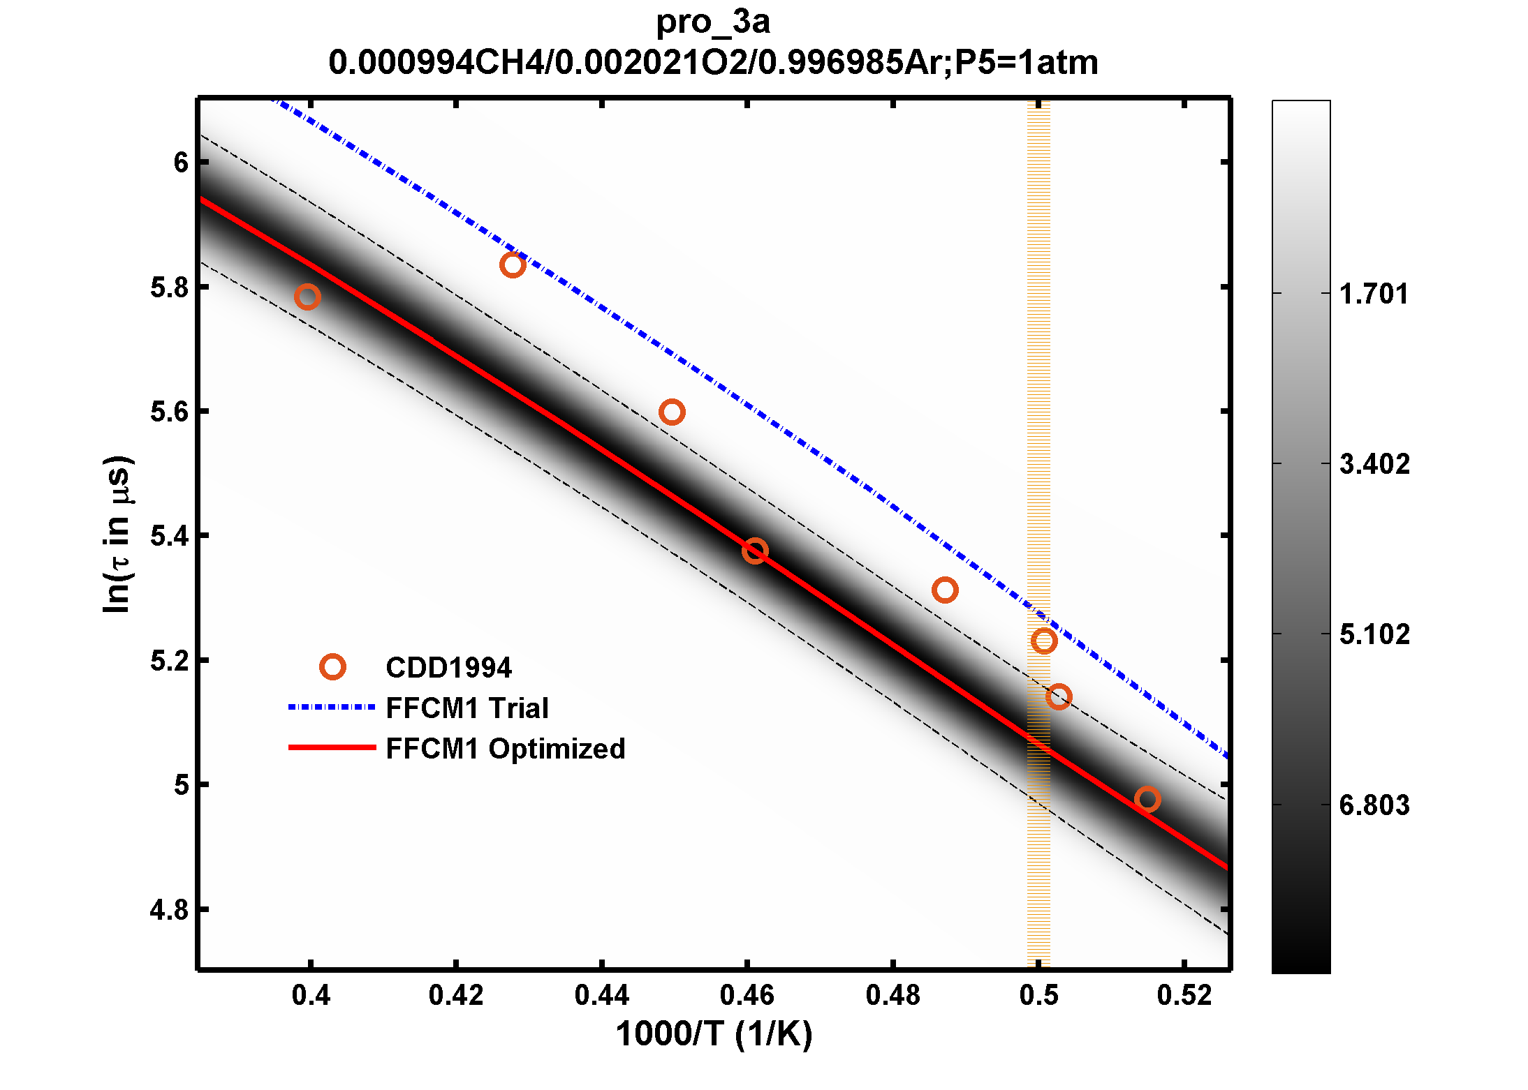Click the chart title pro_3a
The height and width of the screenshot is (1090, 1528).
712,22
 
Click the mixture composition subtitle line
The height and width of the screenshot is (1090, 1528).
712,63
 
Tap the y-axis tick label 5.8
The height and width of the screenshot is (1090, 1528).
170,288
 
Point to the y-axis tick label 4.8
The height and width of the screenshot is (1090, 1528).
170,910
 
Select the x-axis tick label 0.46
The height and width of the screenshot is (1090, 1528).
747,995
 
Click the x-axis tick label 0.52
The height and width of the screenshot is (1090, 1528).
1184,995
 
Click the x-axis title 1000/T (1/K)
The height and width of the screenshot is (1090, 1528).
714,1034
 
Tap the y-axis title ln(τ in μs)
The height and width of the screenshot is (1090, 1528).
117,535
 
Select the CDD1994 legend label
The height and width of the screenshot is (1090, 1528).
448,668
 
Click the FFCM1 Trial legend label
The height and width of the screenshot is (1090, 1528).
467,708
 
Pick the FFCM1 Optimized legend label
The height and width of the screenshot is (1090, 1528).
505,749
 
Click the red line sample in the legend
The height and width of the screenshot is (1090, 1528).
332,747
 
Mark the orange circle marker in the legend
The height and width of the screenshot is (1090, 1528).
332,667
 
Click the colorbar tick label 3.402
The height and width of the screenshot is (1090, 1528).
1374,464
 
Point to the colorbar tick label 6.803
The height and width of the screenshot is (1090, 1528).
1374,805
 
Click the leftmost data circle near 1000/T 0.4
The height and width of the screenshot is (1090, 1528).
307,297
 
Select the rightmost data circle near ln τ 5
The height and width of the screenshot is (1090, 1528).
1147,799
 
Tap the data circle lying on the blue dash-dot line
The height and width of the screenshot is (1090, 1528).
513,265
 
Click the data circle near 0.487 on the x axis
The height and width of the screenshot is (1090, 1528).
945,590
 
